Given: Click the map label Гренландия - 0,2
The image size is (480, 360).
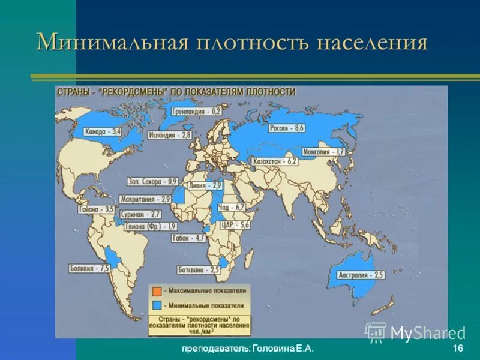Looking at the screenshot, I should click(x=197, y=112).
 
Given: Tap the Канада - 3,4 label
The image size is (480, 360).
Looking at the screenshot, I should click(x=103, y=131).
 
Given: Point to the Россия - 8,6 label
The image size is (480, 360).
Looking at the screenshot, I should click(x=287, y=128).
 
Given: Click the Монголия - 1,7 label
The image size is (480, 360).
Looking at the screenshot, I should click(x=323, y=152).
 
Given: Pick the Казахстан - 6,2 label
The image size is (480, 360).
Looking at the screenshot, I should click(x=275, y=161).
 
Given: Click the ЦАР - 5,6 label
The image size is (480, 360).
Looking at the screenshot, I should click(x=235, y=224).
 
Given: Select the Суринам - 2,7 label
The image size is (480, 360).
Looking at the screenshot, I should click(x=139, y=214).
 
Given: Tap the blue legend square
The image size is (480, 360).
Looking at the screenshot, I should click(x=155, y=305).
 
